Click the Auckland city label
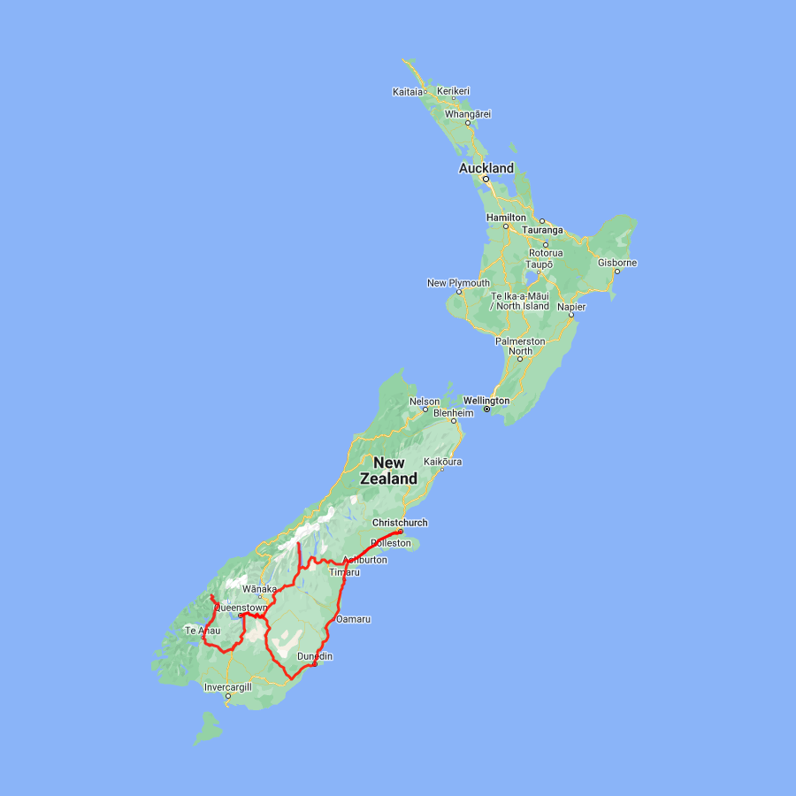point(486,168)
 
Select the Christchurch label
point(400,523)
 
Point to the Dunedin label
point(315,656)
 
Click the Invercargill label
point(228,687)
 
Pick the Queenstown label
point(240,608)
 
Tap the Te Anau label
point(202,631)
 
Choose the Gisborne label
point(617,263)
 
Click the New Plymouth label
point(458,283)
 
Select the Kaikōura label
point(443,462)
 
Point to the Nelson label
point(425,402)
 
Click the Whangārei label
point(468,113)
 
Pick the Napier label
point(570,306)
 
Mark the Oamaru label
point(353,619)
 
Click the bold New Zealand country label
point(389,471)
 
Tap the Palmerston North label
point(520,346)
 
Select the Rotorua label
point(546,253)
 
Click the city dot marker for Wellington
point(486,409)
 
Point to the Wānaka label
point(259,588)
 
